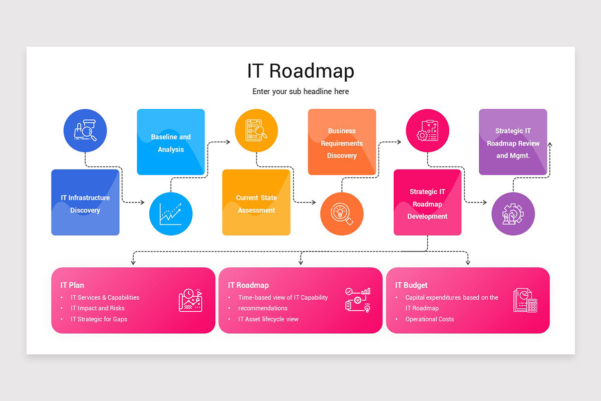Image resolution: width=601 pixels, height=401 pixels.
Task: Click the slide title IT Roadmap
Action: tap(300, 71)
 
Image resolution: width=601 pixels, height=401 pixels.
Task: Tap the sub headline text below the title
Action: tap(300, 92)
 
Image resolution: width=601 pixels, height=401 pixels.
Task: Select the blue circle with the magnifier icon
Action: tap(85, 131)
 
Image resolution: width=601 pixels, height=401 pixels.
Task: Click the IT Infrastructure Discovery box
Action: tap(85, 203)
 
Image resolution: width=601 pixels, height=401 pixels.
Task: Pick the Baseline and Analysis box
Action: tap(171, 142)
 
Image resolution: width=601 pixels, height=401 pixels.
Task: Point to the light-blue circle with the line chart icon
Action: tap(171, 214)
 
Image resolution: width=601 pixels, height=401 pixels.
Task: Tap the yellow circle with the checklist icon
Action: tap(256, 131)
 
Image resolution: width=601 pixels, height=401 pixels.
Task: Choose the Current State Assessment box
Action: tap(256, 203)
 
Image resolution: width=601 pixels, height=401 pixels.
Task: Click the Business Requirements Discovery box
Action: tap(342, 142)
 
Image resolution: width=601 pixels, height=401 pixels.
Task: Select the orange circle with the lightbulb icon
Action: tap(342, 214)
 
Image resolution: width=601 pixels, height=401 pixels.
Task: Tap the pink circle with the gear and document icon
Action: tap(427, 131)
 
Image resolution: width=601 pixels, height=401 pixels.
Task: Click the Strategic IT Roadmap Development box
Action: tap(427, 203)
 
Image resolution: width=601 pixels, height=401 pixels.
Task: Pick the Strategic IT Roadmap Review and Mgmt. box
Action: tap(513, 142)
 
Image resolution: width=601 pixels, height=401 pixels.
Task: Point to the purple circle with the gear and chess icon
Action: tap(513, 214)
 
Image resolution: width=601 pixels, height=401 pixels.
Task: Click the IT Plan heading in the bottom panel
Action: tap(73, 285)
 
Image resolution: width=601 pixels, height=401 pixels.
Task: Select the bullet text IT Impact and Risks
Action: tap(98, 308)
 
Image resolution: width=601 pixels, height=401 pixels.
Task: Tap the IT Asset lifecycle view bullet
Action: tap(268, 319)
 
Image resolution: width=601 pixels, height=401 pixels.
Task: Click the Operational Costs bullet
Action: tap(430, 319)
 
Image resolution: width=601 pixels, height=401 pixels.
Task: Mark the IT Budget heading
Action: tap(411, 285)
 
